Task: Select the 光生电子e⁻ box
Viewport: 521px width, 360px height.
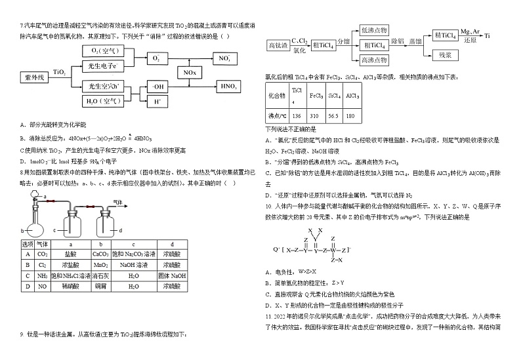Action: (102, 66)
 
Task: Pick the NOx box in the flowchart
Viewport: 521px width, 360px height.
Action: (190, 71)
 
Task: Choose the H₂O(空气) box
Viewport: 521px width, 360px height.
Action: (102, 102)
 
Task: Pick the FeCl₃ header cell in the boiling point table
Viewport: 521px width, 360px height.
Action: (316, 96)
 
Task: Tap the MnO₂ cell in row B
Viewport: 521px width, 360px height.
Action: (100, 265)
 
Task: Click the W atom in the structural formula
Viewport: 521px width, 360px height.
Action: (333, 250)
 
